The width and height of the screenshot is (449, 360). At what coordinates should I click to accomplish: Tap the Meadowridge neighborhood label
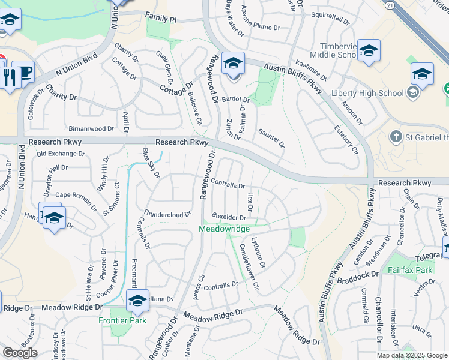click(x=224, y=229)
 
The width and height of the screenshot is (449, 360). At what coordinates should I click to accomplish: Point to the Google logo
click(x=20, y=353)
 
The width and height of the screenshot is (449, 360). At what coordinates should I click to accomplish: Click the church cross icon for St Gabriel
click(x=396, y=137)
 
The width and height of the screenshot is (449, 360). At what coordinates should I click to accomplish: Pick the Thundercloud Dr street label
click(x=167, y=213)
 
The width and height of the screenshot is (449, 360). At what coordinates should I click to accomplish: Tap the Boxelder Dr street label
click(x=229, y=217)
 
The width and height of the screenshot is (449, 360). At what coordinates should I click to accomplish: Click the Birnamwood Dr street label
click(x=91, y=128)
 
